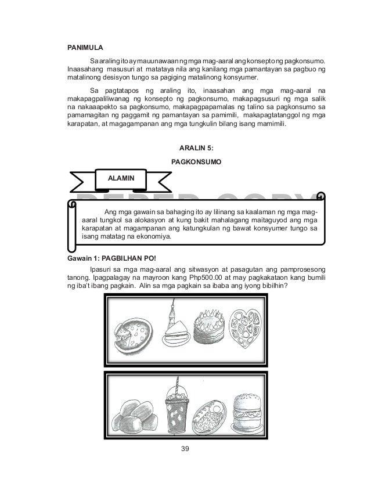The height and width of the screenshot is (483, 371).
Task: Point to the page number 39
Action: [x=185, y=449]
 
